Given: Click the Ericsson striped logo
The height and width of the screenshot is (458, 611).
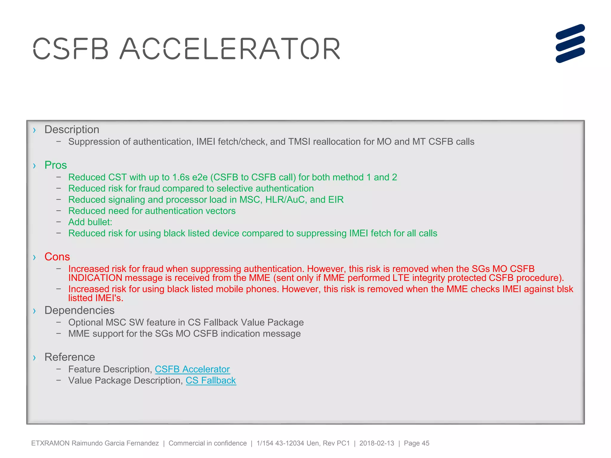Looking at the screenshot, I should point(570,44).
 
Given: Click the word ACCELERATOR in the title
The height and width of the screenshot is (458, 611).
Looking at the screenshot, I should point(230,49).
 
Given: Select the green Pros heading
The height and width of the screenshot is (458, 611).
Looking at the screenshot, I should point(55,165).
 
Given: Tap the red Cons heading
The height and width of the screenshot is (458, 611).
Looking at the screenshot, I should point(57,257).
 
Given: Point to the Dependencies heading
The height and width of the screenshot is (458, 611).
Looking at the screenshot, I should point(79,310).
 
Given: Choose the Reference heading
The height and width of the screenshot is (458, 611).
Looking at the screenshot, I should point(70,357).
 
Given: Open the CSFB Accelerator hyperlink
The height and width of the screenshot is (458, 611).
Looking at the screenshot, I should point(192,369).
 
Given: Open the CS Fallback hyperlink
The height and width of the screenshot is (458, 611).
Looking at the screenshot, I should point(211,380).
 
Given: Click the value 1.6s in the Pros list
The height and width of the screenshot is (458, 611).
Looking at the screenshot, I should point(181,177).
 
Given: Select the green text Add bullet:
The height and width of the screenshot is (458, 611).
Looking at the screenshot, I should point(90,222).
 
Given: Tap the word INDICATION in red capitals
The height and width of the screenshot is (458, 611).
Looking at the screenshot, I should point(95,278).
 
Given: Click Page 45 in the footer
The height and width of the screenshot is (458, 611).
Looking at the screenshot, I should point(416,443).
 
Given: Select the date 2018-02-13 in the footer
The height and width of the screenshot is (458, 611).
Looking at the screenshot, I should point(377,443).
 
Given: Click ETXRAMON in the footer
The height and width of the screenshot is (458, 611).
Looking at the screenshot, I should point(50,443).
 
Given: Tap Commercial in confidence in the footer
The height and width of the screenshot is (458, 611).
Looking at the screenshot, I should point(208,443).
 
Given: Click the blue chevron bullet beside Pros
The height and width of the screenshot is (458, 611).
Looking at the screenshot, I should point(35,166).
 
